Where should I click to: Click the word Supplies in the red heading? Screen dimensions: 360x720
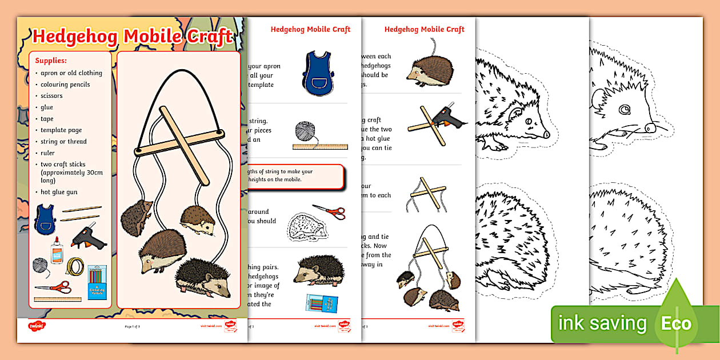point(51,60)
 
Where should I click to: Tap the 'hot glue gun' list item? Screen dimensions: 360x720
point(59,192)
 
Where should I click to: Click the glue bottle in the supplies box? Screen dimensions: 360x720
point(57,250)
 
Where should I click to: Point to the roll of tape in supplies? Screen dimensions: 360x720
point(75,266)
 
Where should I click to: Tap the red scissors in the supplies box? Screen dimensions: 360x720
point(53,287)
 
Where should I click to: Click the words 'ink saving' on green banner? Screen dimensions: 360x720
point(602,324)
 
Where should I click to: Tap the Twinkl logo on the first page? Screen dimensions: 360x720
point(36,326)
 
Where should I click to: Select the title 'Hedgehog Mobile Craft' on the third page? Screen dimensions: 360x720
point(424,29)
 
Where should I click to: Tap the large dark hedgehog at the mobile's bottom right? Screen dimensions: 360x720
point(203,278)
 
